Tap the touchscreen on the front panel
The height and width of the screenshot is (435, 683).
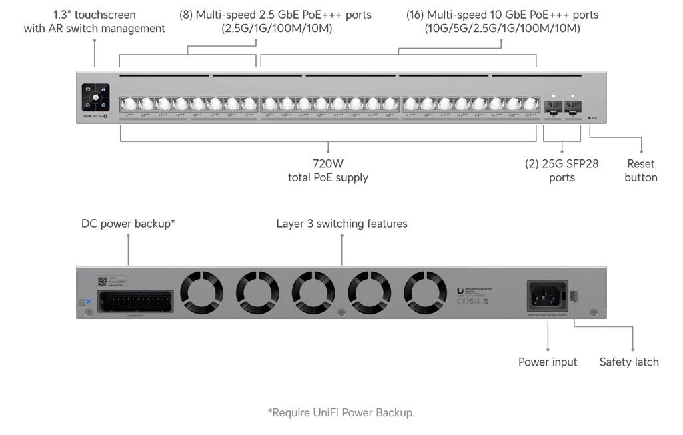[x=95, y=98]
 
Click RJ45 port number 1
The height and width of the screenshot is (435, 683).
[x=127, y=105]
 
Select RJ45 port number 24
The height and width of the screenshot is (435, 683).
[x=531, y=105]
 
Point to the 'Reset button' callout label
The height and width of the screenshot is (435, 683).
[x=641, y=171]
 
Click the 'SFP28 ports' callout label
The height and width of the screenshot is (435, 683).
[x=562, y=171]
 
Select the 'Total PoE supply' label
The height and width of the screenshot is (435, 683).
[x=327, y=171]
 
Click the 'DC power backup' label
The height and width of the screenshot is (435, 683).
[x=128, y=224]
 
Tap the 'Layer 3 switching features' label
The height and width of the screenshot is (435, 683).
[x=341, y=224]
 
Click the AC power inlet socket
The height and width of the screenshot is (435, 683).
[x=546, y=295]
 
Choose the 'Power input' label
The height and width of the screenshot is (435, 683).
[x=548, y=362]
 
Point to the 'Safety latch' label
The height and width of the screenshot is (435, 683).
[x=628, y=362]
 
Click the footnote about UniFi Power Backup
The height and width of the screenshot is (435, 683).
[x=341, y=412]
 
